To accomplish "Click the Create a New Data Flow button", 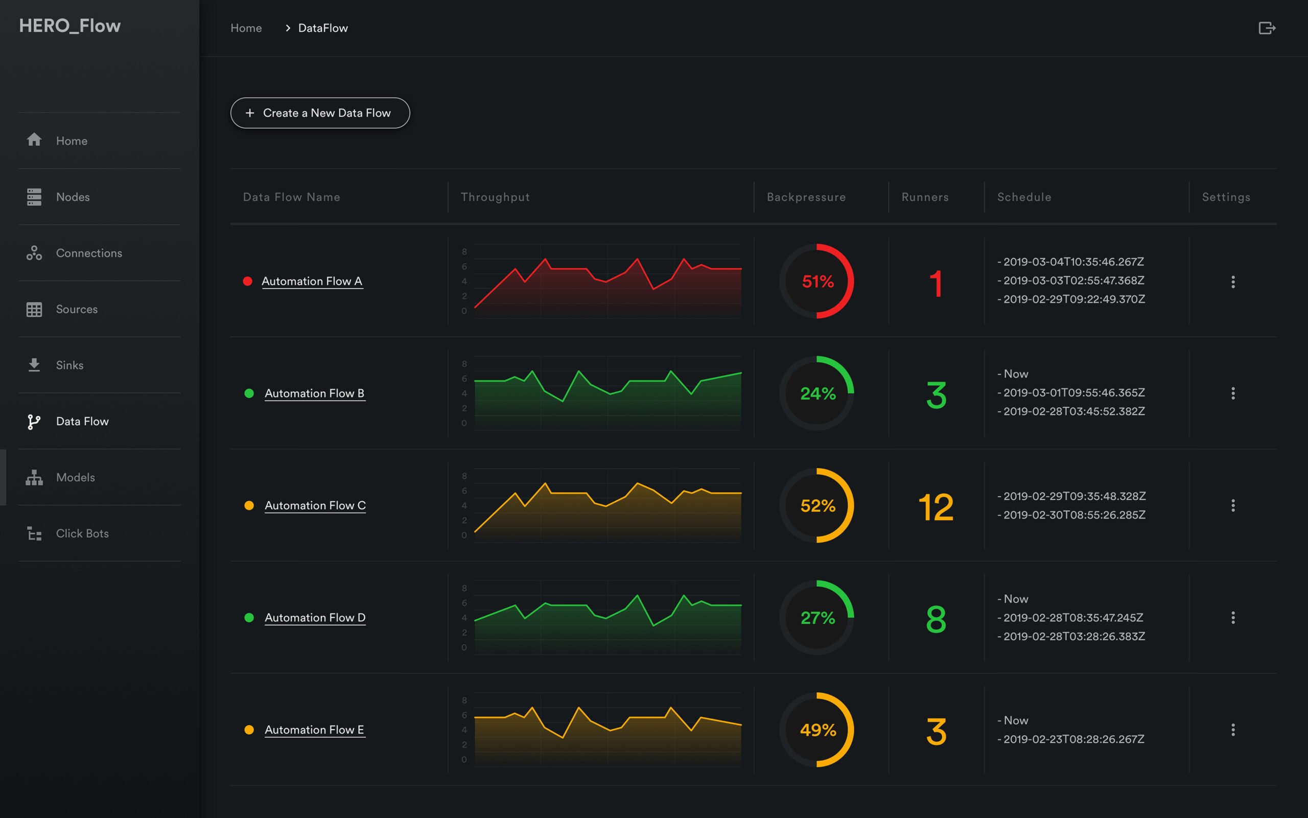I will [320, 113].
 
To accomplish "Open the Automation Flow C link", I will [315, 505].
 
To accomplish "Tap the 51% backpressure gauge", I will [817, 282].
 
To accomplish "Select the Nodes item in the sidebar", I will [73, 197].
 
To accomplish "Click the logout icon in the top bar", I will [1266, 28].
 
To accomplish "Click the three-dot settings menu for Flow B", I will [1233, 393].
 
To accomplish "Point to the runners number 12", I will [936, 507].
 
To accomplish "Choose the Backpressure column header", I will [806, 197].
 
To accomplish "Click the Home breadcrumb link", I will [246, 28].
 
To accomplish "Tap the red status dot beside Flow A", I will [248, 282].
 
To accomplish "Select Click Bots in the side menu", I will [82, 533].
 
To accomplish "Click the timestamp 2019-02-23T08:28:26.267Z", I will [1074, 739].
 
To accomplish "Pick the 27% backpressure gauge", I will [817, 617].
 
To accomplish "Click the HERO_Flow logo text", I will [70, 26].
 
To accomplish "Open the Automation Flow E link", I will [314, 730].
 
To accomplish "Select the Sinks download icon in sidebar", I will [34, 365].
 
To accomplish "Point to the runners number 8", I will [936, 619].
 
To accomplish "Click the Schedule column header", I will [1024, 197].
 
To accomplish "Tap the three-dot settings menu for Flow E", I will [1233, 730].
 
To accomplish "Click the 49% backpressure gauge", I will [817, 730].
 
